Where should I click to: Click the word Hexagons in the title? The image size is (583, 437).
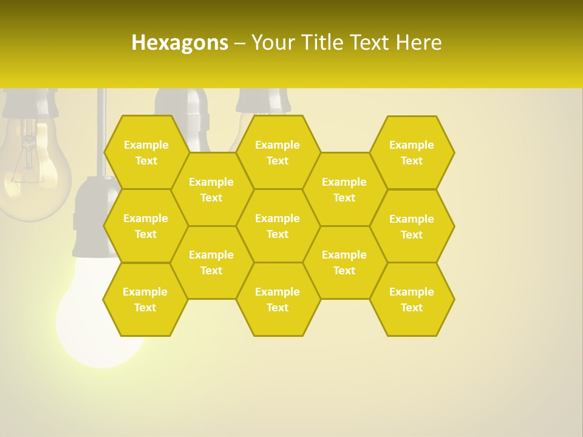coord(180,42)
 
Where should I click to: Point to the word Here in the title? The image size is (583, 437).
coord(418,42)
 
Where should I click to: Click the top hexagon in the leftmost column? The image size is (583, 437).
coord(146,152)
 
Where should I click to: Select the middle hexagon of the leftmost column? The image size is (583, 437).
coord(146,226)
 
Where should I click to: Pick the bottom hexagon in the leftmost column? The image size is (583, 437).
coord(145,299)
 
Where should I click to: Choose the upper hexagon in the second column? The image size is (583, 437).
coord(211,189)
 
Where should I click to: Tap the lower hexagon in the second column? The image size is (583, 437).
coord(211,262)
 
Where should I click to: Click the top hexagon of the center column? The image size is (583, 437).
coord(278,152)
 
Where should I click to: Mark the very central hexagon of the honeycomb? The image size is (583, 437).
coord(278,226)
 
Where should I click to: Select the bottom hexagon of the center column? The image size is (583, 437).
coord(278,299)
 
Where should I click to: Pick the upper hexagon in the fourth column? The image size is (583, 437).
coord(344,189)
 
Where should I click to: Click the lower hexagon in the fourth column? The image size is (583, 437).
coord(344,262)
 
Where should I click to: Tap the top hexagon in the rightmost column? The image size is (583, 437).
coord(412,152)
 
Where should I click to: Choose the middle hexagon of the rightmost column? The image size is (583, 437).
coord(412,226)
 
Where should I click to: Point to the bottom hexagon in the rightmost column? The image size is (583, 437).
coord(412,299)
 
